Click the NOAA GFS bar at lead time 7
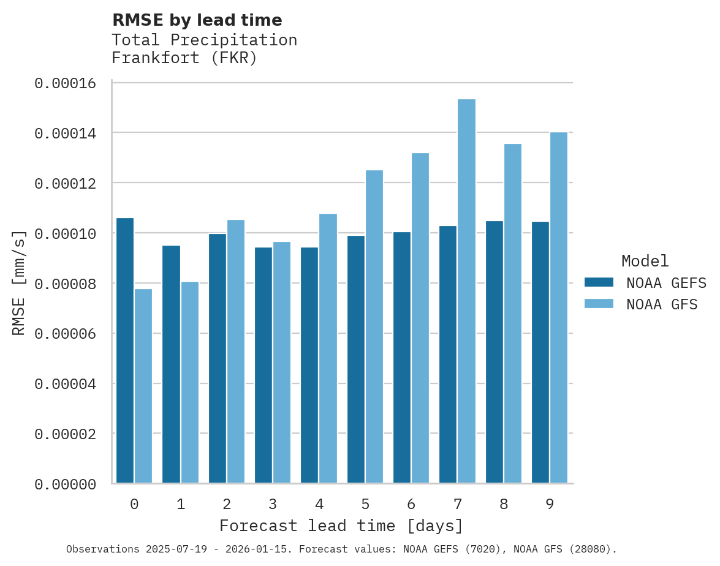pos(466,291)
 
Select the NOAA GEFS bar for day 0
pos(125,350)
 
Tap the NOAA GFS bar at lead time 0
pos(143,386)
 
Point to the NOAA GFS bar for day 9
pos(559,308)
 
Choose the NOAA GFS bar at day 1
pos(189,382)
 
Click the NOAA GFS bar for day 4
pos(328,348)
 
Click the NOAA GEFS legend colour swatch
pos(599,282)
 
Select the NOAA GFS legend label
pos(662,304)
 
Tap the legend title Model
pos(645,261)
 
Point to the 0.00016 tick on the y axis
pos(66,83)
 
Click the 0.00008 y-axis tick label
pos(66,284)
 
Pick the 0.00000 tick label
pos(66,485)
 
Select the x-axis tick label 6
pos(411,504)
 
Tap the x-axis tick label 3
pos(273,504)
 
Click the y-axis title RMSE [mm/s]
pos(19,283)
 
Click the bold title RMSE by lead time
pos(197,20)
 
